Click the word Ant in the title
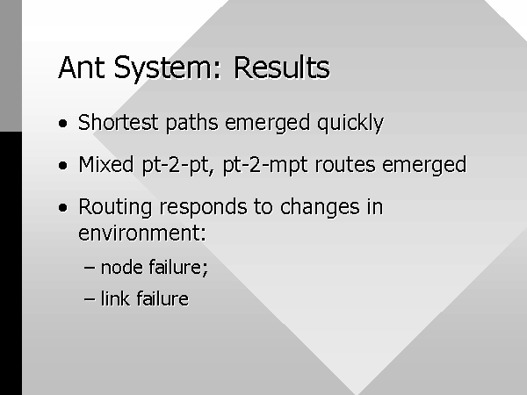(81, 68)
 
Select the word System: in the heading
(167, 69)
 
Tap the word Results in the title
(282, 68)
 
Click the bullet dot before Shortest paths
(63, 123)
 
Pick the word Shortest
(118, 122)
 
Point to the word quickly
(350, 123)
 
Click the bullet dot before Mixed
(63, 165)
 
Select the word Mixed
(106, 164)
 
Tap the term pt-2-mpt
(265, 166)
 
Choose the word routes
(345, 165)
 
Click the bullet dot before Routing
(63, 207)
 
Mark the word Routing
(115, 207)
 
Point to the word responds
(204, 207)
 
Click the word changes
(320, 207)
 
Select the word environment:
(141, 233)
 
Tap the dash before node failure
(90, 268)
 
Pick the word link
(115, 298)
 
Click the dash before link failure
(90, 299)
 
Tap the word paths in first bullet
(191, 123)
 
